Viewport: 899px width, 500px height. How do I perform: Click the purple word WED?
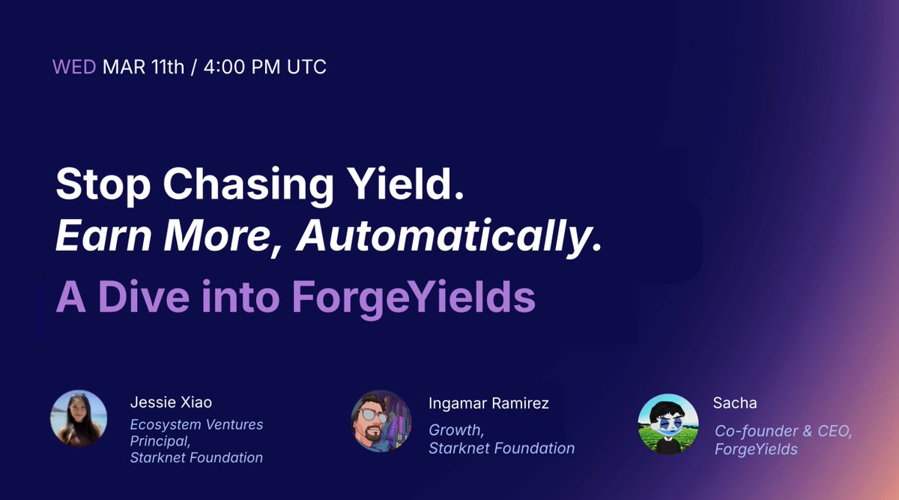click(74, 67)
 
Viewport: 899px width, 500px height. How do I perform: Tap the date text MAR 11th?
click(143, 67)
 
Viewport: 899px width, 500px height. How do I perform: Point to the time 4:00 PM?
click(242, 67)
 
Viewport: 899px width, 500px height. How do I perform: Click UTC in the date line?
click(306, 67)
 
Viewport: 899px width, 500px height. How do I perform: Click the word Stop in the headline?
click(103, 185)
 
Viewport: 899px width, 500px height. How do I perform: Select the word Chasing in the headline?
click(248, 185)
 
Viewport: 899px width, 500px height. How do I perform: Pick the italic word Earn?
click(103, 235)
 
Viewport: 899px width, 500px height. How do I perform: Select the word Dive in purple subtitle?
click(144, 296)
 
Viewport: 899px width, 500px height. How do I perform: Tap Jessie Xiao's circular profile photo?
click(79, 418)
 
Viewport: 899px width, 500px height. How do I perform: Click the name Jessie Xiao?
click(171, 403)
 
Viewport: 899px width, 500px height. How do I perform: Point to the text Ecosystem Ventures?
click(196, 424)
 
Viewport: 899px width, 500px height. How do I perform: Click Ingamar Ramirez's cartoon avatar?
click(381, 421)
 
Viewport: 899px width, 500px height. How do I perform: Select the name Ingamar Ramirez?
click(488, 403)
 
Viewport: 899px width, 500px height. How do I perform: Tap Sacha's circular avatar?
click(668, 424)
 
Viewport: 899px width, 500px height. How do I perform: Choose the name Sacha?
click(735, 403)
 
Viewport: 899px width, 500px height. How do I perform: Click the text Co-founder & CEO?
click(783, 431)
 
